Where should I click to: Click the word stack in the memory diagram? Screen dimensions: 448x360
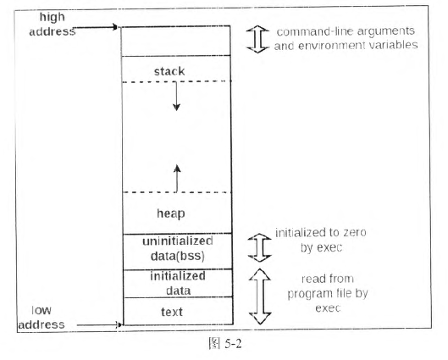pos(169,71)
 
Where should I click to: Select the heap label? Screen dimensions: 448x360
pos(171,213)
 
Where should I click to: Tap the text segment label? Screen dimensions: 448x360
pos(172,312)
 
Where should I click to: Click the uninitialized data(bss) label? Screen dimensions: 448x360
pos(178,248)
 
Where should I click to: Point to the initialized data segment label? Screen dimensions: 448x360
pos(178,283)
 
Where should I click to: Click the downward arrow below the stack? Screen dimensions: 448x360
pos(176,97)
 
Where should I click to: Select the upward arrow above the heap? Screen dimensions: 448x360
pos(177,179)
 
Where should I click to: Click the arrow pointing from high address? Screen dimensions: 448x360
pos(96,27)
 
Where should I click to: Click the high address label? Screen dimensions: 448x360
pos(53,24)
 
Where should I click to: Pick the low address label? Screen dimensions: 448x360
pos(41,318)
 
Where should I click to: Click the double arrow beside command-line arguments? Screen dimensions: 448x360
pos(257,40)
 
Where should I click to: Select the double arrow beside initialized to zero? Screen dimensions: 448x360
pos(259,247)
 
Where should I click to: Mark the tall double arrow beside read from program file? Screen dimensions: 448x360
pos(260,296)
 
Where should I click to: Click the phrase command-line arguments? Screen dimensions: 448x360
pos(346,31)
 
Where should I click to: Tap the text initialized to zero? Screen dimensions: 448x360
pos(321,232)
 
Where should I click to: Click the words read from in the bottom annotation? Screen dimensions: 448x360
pos(328,279)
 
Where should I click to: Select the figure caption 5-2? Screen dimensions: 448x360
pos(233,343)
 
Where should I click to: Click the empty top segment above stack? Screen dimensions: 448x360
pos(176,41)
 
